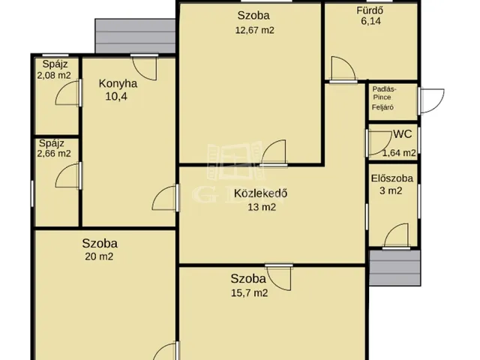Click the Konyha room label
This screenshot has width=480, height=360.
118,83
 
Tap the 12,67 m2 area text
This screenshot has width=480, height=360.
255,30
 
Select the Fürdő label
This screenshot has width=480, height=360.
370,10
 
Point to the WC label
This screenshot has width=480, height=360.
403,134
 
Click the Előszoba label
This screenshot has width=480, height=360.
391,178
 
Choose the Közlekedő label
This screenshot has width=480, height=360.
261,193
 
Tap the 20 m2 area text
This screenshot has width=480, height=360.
99,256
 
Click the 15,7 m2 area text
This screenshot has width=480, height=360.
250,293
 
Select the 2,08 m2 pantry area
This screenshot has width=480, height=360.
54,75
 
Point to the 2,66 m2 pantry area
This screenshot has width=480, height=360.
54,153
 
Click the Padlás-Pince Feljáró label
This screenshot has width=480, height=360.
384,98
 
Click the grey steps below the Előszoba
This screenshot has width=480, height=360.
395,268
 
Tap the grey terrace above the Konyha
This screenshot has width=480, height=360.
135,36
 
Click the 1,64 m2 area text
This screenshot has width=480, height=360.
399,153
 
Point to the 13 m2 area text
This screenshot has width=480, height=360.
262,207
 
